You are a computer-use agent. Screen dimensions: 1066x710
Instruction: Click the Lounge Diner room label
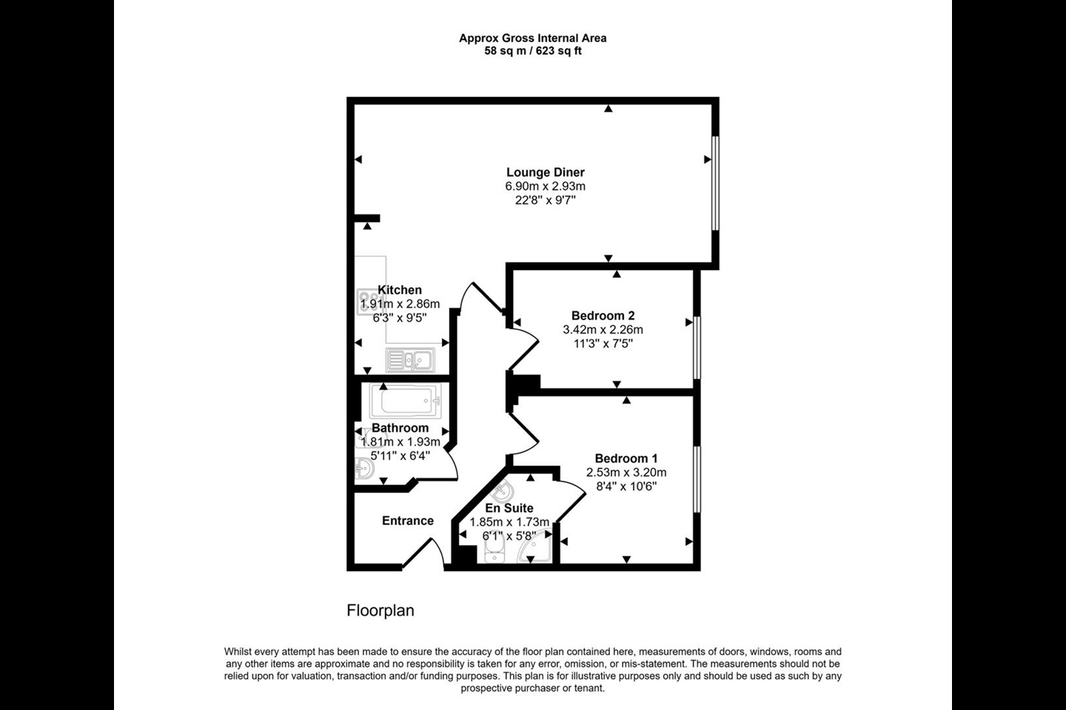pos(546,172)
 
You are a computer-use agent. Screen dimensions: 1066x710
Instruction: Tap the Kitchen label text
pos(400,290)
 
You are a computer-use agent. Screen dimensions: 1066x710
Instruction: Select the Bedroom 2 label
pos(603,315)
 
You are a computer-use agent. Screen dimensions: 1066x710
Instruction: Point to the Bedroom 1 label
pos(626,459)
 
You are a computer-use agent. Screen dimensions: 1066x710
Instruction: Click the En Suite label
pos(509,508)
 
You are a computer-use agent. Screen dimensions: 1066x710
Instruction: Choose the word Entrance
pos(408,521)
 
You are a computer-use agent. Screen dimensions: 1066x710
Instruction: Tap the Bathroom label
pos(400,428)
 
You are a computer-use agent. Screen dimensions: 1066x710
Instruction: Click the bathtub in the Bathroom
pos(406,400)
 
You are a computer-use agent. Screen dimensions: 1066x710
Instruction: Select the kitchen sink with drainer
pos(410,360)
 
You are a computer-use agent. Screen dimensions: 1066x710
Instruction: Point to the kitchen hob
pos(371,302)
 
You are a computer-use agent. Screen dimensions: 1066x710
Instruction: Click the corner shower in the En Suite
pos(536,546)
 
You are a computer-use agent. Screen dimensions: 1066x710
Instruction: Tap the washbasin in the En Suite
pos(503,491)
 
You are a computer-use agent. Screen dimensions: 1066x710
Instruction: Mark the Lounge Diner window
pos(715,183)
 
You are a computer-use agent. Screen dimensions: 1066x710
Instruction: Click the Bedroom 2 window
pos(697,348)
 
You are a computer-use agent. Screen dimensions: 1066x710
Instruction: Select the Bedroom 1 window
pos(697,479)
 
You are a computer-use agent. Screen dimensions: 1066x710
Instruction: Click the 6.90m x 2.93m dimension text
pos(546,186)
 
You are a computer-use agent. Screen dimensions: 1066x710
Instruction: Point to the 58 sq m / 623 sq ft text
pos(533,51)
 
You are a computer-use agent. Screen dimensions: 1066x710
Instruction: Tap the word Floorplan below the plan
pos(381,611)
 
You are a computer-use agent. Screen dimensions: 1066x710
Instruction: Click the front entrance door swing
pos(423,553)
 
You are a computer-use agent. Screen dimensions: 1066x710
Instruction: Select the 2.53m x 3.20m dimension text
pos(626,473)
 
